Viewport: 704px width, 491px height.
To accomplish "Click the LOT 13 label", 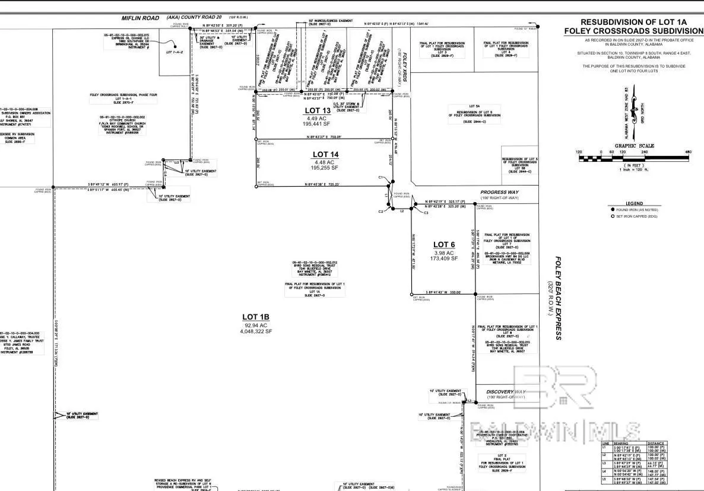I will (x=317, y=110).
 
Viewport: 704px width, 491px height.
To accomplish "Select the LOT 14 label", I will (x=325, y=154).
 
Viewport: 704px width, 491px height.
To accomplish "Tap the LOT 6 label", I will (x=444, y=244).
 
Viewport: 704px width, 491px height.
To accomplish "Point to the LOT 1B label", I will (x=256, y=317).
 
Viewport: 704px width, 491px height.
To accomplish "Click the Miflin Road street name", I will (x=140, y=18).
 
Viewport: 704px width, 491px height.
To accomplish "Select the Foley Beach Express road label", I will (x=558, y=298).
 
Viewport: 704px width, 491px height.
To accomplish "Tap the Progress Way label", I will (x=499, y=192).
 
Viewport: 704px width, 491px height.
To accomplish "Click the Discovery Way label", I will (x=506, y=392).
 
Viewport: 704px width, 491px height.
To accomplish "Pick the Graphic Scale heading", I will (x=634, y=146).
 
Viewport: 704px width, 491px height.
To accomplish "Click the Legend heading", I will (x=633, y=203).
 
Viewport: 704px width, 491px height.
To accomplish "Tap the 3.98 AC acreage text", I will (x=444, y=252).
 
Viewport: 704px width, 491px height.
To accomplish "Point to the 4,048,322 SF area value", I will (x=256, y=331).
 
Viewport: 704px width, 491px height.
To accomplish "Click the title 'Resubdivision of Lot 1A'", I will (x=633, y=22).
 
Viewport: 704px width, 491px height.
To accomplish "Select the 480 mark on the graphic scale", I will (x=688, y=152).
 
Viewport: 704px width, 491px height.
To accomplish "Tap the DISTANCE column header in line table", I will (x=656, y=443).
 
